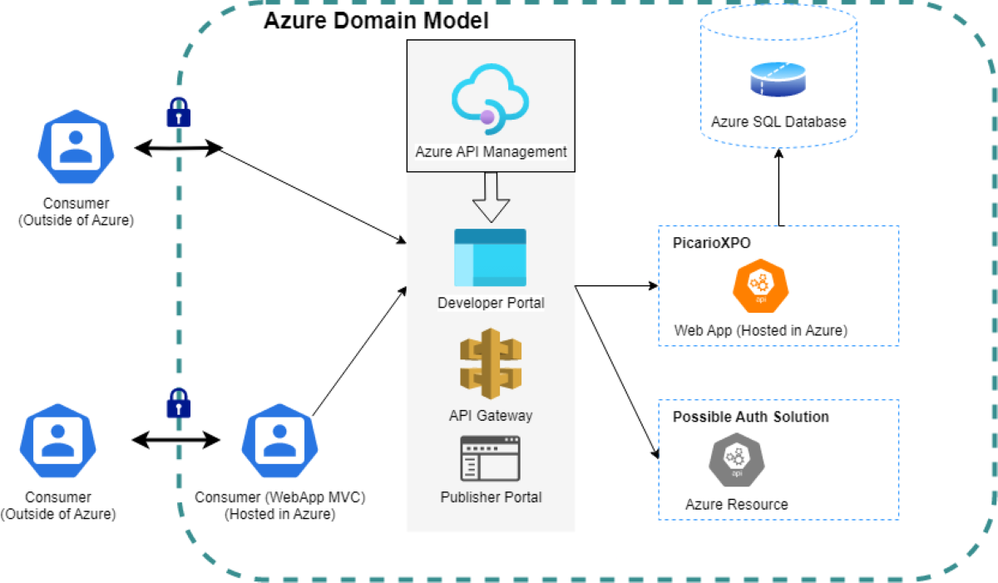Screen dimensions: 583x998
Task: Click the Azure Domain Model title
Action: point(376,21)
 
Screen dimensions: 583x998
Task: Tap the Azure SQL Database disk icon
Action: point(778,79)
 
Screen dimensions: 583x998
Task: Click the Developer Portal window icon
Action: point(491,258)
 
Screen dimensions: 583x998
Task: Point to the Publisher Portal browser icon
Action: point(491,458)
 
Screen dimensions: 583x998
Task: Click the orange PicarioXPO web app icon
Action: point(759,285)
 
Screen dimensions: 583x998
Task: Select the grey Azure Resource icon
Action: point(736,459)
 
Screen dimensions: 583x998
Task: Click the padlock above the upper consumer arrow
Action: point(179,113)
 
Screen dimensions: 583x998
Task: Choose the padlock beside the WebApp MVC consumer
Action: point(179,403)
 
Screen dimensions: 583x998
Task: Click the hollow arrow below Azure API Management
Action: point(491,198)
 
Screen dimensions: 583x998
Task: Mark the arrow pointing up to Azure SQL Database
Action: point(779,187)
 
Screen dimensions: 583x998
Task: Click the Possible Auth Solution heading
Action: point(751,417)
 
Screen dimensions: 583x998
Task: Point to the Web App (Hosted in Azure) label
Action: point(760,330)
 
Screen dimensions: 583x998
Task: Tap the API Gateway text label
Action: point(491,415)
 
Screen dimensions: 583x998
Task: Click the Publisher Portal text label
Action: point(491,497)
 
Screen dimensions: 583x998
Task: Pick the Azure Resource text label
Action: point(736,504)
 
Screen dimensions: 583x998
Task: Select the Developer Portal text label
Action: point(491,303)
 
